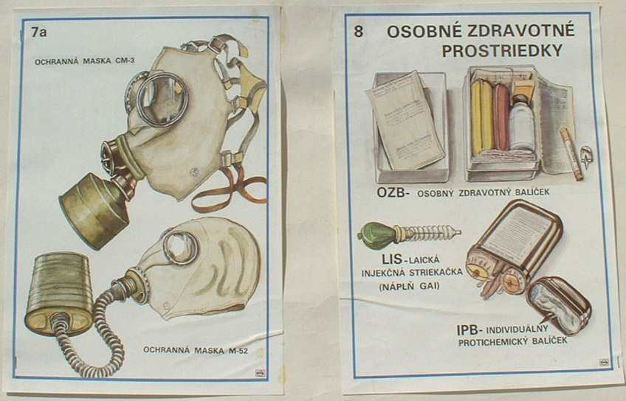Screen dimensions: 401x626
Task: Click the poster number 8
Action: (359, 32)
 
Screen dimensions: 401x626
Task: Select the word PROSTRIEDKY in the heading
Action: (502, 51)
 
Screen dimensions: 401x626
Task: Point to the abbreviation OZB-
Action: (392, 192)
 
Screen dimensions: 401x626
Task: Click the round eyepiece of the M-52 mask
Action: (180, 247)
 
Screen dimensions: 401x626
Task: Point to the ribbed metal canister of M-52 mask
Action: (59, 292)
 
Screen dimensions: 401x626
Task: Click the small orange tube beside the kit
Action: (570, 153)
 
